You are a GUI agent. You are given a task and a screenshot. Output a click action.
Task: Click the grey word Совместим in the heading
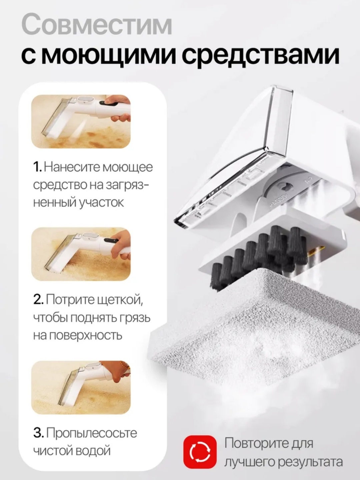click(x=97, y=26)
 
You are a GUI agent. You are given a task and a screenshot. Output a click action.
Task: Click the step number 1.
click(x=38, y=167)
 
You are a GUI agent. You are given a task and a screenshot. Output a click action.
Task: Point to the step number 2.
click(x=38, y=299)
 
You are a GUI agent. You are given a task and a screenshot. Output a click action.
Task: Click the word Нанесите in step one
click(x=72, y=167)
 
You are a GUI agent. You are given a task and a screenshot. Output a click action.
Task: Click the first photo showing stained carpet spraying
click(x=81, y=122)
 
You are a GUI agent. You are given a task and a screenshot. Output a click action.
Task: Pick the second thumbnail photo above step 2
click(x=81, y=254)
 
